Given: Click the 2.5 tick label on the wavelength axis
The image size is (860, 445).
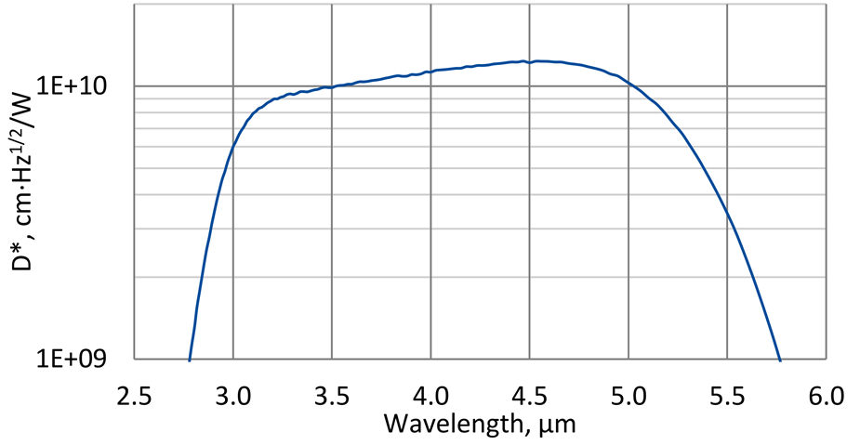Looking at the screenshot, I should pos(134,397).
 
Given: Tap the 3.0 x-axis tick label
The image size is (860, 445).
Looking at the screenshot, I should pos(232,397).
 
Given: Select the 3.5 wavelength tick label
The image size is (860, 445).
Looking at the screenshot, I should pos(332,397).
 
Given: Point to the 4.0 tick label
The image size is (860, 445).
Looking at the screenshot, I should pos(430,397).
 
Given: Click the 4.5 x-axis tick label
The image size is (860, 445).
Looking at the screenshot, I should pos(529,397).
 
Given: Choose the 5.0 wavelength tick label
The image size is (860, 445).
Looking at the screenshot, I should pos(628,397).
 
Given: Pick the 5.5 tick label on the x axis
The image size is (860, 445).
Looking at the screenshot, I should pos(727,397).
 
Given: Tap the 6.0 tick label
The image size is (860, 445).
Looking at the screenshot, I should pos(826,397).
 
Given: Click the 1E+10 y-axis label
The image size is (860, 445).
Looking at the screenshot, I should pos(72,86).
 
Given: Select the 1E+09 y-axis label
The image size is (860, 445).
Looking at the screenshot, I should pos(72,359).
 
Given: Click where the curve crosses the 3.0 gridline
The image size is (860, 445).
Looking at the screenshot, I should pos(232,146).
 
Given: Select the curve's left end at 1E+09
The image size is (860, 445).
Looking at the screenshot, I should pos(190,359).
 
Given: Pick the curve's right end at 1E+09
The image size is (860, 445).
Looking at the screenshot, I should pos(779,359).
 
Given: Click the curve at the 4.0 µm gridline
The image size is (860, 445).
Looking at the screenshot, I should pos(430,71).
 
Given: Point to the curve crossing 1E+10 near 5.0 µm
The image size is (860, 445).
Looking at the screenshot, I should pos(628,85).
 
